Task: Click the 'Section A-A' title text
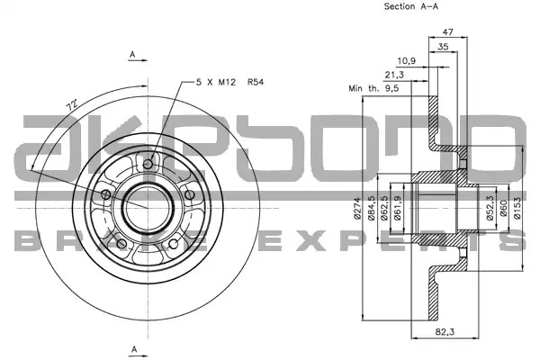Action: click(411, 6)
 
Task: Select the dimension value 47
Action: click(447, 32)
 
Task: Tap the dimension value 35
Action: click(443, 47)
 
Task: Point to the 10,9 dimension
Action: click(407, 61)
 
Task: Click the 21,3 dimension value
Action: click(394, 75)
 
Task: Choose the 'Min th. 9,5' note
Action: click(373, 88)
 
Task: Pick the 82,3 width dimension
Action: click(445, 332)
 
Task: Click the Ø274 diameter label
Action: click(356, 208)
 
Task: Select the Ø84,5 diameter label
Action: click(372, 208)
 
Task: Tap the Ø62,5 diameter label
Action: click(384, 208)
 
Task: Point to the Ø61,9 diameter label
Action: click(398, 208)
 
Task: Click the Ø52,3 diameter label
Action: click(490, 208)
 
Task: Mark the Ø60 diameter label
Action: click(504, 208)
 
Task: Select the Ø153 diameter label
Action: click(517, 208)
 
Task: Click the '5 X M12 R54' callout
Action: click(229, 82)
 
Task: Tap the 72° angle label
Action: click(72, 105)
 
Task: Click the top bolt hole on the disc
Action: click(148, 164)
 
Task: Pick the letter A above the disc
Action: click(132, 54)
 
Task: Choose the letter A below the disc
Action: click(134, 349)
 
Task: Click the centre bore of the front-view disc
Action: click(148, 208)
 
